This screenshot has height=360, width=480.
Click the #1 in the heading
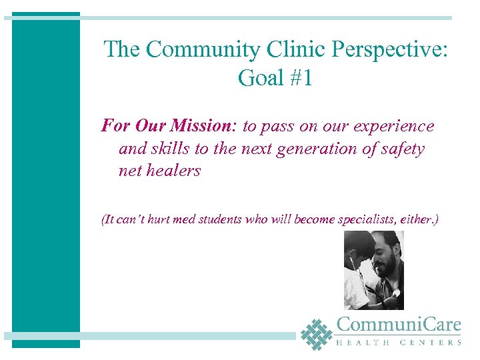tap(300, 78)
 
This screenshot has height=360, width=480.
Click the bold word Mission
tap(199, 126)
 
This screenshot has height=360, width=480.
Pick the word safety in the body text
tap(399, 149)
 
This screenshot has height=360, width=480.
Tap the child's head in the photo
tap(355, 244)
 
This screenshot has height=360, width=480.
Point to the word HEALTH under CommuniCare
tap(359, 343)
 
